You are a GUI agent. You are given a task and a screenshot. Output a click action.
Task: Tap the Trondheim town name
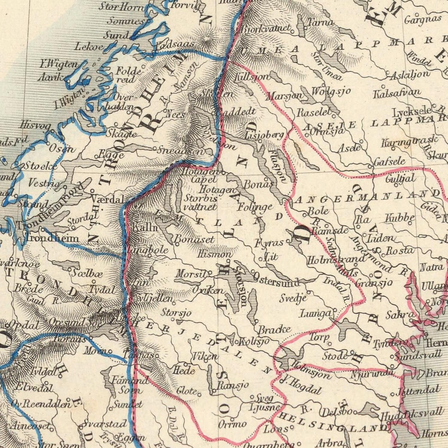click(x=52, y=238)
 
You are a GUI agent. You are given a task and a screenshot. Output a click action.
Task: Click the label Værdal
click(x=107, y=199)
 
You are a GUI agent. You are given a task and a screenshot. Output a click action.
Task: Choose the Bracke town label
click(x=274, y=330)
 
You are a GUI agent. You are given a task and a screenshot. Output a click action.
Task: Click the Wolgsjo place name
click(x=331, y=91)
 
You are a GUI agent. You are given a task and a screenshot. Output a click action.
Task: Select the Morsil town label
click(x=191, y=274)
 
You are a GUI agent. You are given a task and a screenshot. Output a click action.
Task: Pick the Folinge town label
click(x=255, y=207)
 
